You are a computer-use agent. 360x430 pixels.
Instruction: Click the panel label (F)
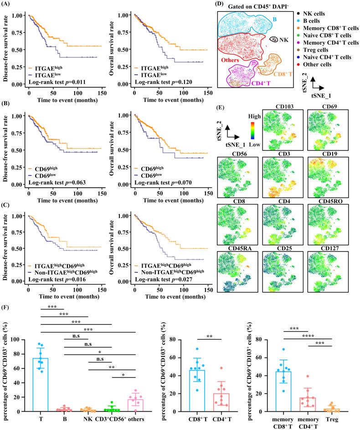click(7, 300)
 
